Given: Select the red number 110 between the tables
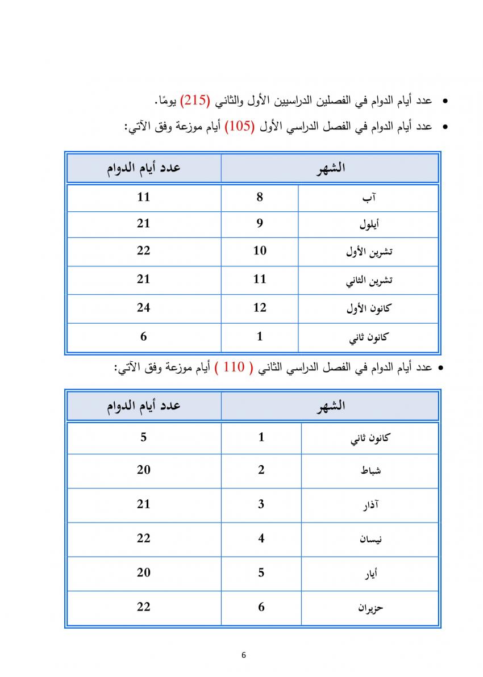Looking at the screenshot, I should [233, 367].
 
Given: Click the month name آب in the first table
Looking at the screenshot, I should [370, 198].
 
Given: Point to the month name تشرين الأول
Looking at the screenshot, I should [369, 252].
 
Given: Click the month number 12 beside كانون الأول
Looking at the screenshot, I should [260, 308].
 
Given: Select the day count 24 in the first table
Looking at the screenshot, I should [143, 308].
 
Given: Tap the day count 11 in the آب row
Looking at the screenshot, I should [143, 197].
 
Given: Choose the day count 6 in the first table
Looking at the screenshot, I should [143, 336].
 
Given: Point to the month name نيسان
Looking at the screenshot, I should [370, 539].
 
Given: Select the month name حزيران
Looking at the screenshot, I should [370, 608].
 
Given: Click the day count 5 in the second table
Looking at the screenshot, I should [143, 437].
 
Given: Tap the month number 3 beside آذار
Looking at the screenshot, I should [261, 504].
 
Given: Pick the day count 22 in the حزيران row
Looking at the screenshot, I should [143, 607].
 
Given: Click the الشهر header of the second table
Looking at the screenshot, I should [330, 406].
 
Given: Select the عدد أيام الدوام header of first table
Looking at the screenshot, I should [143, 168].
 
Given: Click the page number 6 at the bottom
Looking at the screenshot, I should [243, 655].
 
